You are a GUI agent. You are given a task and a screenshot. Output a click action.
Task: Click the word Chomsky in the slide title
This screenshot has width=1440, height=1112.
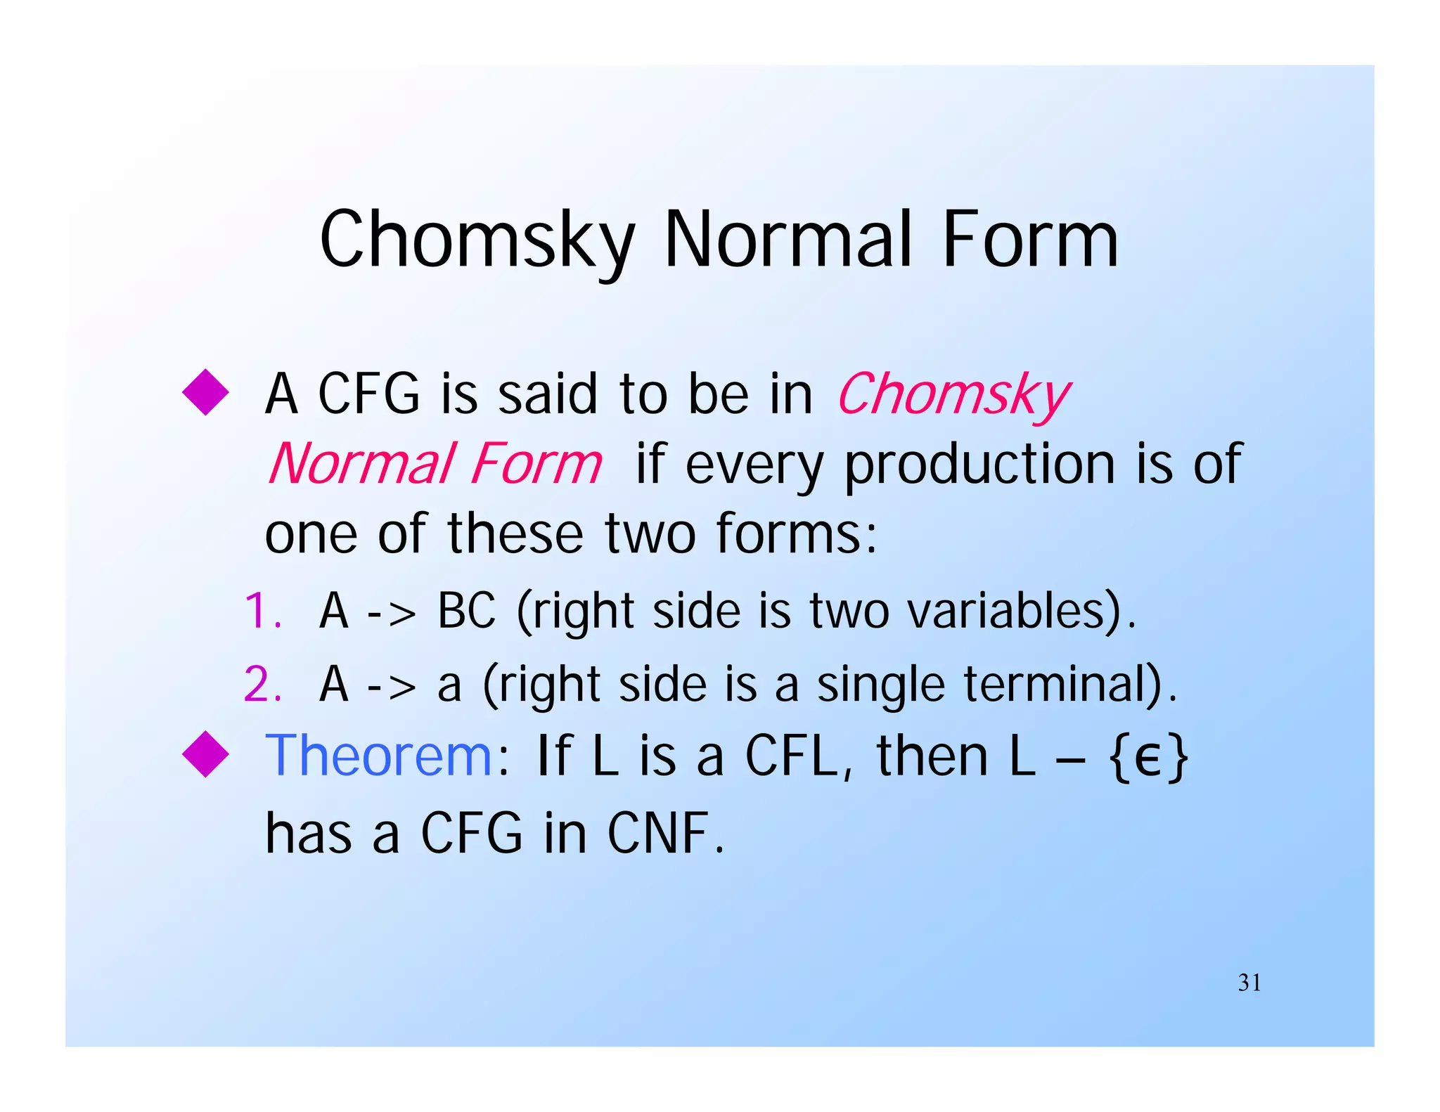click(x=477, y=240)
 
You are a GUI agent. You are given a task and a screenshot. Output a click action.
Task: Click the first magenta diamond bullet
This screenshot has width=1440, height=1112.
click(x=205, y=392)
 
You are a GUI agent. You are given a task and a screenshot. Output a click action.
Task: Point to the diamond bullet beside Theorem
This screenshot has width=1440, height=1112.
click(x=205, y=754)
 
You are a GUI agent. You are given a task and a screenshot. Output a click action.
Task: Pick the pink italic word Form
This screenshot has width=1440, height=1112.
click(x=536, y=464)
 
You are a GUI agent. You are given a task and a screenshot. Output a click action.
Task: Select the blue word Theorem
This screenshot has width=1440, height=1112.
click(x=378, y=756)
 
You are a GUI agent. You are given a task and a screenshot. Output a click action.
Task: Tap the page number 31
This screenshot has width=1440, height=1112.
click(x=1249, y=982)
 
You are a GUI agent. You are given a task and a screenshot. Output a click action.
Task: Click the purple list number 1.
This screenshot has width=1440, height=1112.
click(x=262, y=610)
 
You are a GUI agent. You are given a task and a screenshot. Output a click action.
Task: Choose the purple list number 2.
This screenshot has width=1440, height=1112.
click(x=262, y=684)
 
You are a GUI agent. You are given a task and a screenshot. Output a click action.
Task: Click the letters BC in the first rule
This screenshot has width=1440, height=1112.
click(x=466, y=610)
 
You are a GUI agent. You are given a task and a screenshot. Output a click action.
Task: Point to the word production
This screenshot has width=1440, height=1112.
click(x=979, y=464)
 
